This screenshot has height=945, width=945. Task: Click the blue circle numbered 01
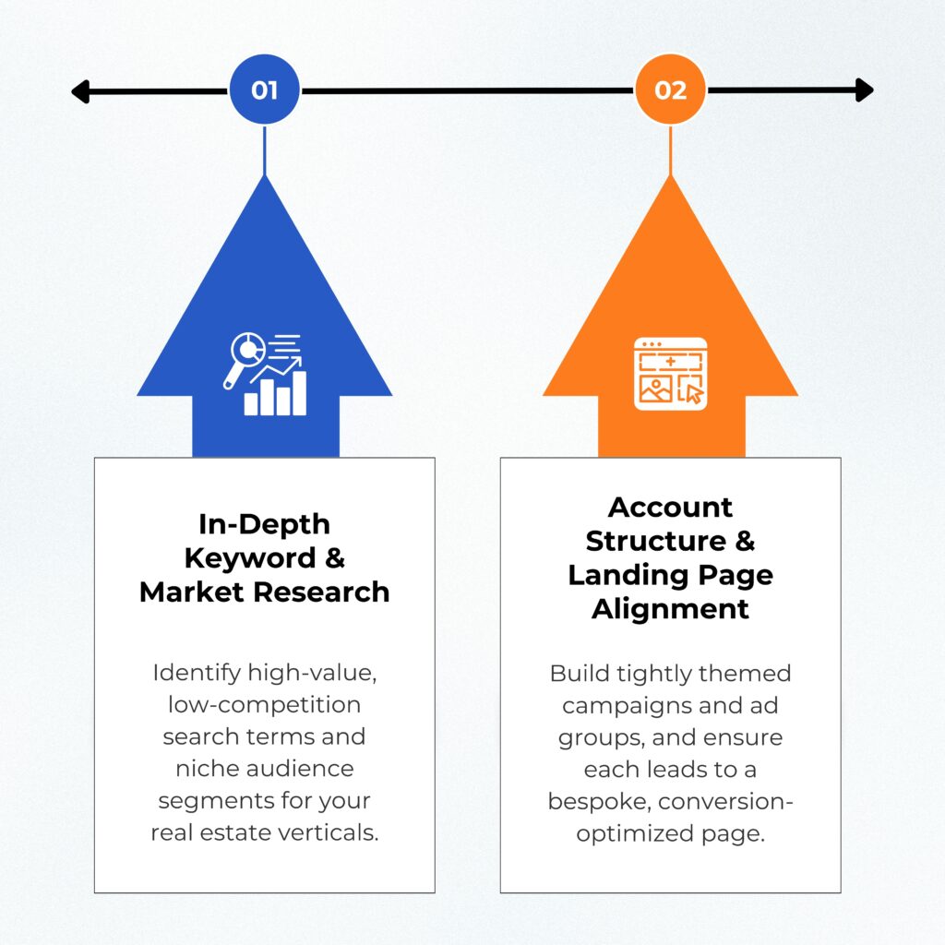click(x=265, y=90)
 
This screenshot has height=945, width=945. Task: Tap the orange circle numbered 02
click(x=670, y=90)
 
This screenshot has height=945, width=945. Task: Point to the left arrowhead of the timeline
click(x=80, y=91)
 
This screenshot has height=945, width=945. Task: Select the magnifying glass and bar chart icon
click(x=265, y=375)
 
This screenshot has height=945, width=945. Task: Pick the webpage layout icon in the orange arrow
click(x=670, y=374)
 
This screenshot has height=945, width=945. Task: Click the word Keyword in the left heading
click(x=250, y=558)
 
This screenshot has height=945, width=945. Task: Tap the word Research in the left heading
click(x=321, y=592)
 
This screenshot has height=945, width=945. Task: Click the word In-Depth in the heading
click(x=265, y=525)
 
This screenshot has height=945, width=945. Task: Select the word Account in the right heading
click(x=670, y=508)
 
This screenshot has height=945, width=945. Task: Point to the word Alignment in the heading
click(x=670, y=609)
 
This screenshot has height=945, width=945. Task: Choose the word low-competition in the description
click(x=265, y=705)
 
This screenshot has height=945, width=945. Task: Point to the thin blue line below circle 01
click(x=265, y=150)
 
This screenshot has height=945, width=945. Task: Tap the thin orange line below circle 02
click(x=670, y=150)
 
